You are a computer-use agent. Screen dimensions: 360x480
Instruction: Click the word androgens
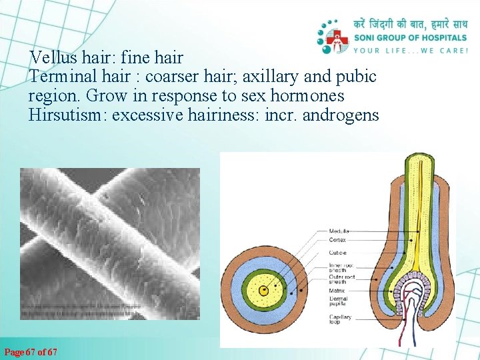coord(341,115)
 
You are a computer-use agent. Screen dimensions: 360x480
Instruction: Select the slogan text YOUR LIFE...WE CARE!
coord(411,50)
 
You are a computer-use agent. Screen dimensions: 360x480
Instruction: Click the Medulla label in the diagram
coord(339,231)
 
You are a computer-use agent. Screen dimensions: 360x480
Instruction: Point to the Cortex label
coord(337,239)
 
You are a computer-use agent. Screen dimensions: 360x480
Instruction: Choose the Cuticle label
coord(337,253)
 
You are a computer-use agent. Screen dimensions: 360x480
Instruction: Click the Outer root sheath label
coord(340,279)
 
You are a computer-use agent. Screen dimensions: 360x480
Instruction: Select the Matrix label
coord(336,291)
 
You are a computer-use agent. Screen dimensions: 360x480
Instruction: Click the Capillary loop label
coord(339,319)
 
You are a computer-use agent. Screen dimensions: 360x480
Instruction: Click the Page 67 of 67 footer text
coord(31,351)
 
